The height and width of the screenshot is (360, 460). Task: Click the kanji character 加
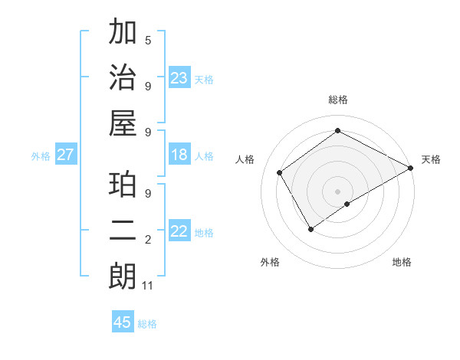123,34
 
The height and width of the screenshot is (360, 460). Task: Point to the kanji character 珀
123,186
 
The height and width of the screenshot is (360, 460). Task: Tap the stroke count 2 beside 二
147,241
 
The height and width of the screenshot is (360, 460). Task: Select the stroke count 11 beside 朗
148,286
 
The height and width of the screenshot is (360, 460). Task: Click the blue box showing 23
179,77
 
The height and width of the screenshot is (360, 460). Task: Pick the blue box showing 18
179,155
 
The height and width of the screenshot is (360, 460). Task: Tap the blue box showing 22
179,231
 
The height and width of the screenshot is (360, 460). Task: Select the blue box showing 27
66,155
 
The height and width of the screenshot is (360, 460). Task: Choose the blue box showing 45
123,322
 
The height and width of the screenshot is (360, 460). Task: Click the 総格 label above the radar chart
338,100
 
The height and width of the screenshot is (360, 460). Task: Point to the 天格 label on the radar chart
431,159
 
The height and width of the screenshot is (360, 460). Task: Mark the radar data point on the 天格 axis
411,167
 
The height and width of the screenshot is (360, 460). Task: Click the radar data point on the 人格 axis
280,172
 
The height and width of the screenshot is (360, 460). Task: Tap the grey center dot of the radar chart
338,191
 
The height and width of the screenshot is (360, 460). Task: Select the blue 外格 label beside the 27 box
41,156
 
